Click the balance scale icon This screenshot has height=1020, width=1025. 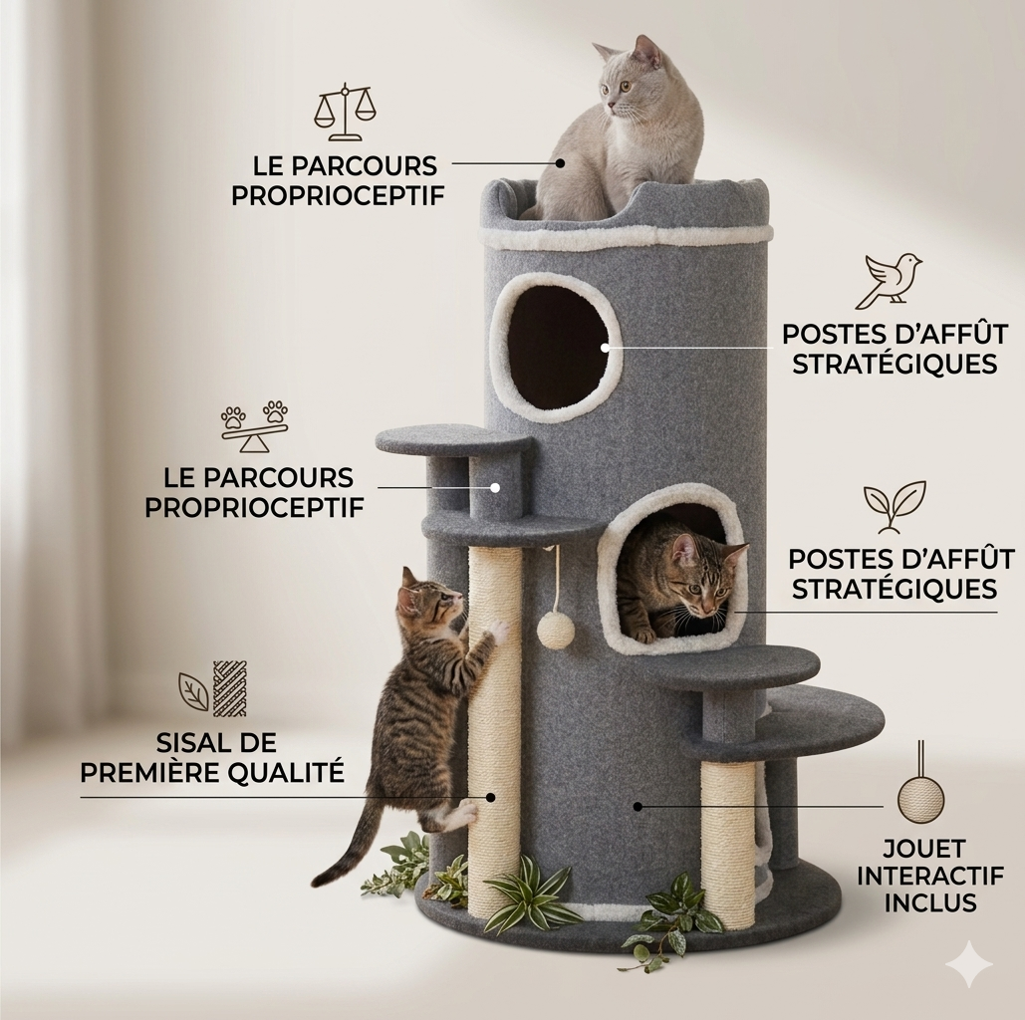345,113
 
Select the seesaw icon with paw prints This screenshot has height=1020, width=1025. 254,426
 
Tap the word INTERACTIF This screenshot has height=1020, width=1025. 930,876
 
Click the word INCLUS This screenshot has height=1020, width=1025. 930,903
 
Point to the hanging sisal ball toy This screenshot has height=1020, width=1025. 556,630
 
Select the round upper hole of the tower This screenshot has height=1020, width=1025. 555,348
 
